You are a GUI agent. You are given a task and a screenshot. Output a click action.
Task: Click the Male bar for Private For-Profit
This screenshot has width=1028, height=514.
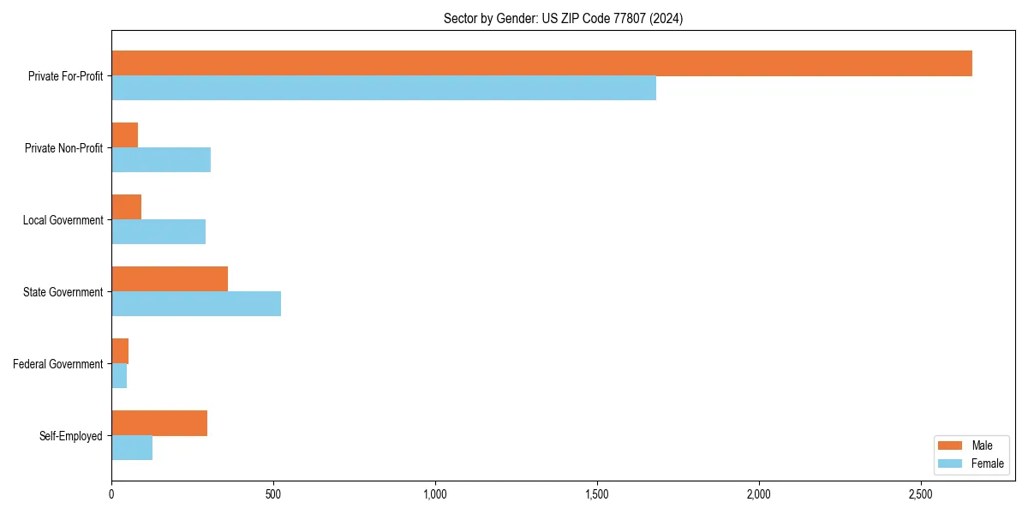541,63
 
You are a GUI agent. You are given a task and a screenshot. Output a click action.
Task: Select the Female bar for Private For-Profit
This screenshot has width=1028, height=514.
384,88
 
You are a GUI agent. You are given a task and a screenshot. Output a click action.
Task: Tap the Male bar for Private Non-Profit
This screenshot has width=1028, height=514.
125,135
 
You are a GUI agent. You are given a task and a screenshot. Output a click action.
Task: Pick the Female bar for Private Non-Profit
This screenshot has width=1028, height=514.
161,160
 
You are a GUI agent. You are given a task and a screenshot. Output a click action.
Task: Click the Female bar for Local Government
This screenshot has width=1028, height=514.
158,232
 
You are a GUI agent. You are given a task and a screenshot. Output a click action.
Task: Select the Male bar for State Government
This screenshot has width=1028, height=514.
170,279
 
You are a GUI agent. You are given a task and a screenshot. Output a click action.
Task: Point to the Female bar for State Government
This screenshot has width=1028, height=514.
196,304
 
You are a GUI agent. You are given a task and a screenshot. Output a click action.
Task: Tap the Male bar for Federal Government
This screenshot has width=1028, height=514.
120,351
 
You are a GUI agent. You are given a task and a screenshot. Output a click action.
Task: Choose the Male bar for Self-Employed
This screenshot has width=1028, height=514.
159,423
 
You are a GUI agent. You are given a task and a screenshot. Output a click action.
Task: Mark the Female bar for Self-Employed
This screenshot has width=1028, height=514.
132,448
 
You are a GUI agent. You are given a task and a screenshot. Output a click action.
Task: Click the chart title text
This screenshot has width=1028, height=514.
563,18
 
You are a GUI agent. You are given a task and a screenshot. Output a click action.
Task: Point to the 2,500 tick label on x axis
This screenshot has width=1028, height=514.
920,494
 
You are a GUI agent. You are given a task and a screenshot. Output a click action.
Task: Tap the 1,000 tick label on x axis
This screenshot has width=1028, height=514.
435,494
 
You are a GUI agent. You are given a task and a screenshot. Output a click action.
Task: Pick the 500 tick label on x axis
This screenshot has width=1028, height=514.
273,494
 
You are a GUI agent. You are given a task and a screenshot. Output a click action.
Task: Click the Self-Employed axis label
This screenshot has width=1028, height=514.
70,436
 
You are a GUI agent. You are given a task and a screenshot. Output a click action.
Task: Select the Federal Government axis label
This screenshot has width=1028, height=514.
58,364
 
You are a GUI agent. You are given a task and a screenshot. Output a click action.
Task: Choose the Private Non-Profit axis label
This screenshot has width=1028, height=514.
63,148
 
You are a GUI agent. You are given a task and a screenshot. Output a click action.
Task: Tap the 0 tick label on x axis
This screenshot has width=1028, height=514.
111,494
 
